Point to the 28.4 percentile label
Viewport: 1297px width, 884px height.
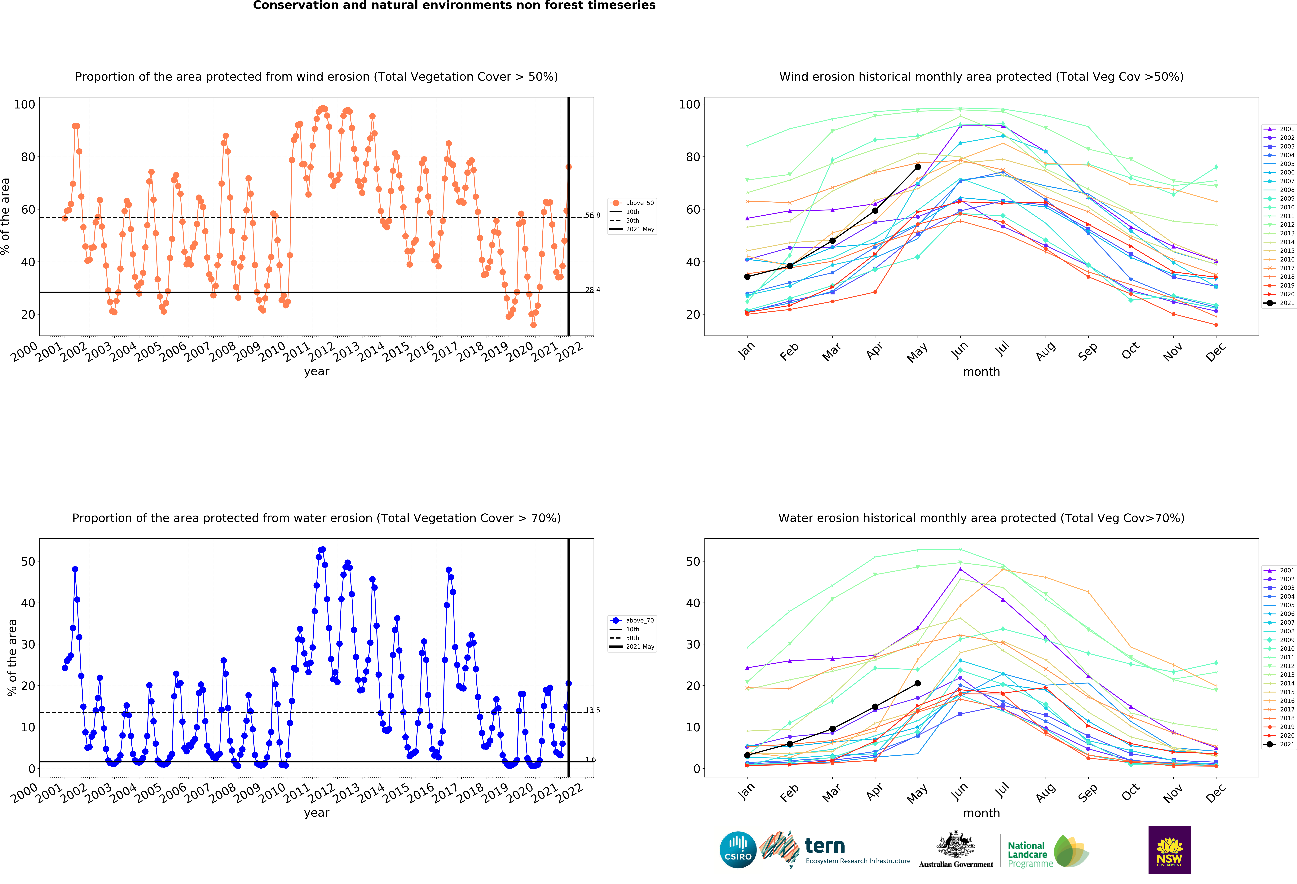pyautogui.click(x=593, y=290)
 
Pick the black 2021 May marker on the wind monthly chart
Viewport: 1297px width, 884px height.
pyautogui.click(x=917, y=167)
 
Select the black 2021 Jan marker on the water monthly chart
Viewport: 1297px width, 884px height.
pyautogui.click(x=747, y=755)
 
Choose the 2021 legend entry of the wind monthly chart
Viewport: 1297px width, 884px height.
pyautogui.click(x=1279, y=303)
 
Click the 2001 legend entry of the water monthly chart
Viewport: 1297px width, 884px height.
pyautogui.click(x=1279, y=570)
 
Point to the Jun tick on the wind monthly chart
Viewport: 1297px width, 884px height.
pyautogui.click(x=960, y=350)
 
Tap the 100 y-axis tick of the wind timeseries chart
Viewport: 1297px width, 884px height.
pyautogui.click(x=24, y=104)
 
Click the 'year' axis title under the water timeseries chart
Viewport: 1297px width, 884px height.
pyautogui.click(x=316, y=813)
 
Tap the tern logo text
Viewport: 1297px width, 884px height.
pyautogui.click(x=825, y=846)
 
